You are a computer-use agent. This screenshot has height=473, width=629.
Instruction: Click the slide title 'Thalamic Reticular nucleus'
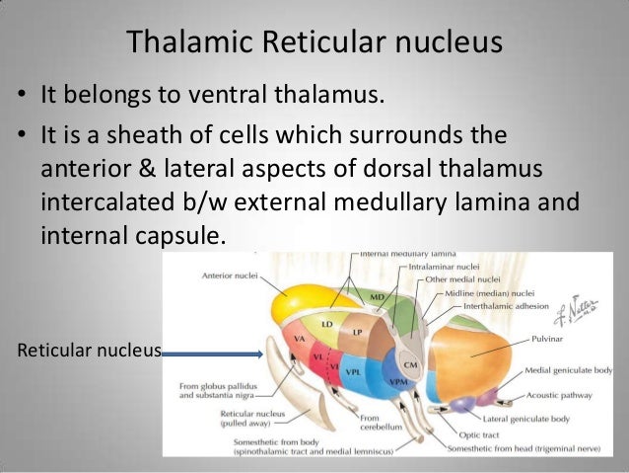click(314, 43)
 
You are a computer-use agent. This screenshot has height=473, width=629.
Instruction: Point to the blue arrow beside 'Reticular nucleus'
click(212, 350)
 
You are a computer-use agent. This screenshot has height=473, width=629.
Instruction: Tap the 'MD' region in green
click(376, 295)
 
